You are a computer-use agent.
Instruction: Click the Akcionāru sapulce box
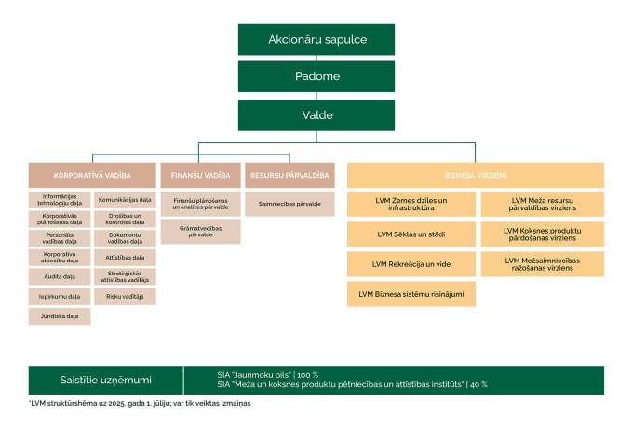coord(316,40)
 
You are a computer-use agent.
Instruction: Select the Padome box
coord(316,77)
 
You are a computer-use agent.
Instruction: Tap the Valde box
coord(316,115)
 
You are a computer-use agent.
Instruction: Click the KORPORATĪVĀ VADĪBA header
coord(92,175)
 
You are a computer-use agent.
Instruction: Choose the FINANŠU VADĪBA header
coord(200,175)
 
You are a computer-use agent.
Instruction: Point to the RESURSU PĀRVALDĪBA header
coord(289,175)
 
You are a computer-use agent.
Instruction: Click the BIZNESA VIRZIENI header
coord(476,175)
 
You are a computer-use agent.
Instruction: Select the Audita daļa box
coord(60,277)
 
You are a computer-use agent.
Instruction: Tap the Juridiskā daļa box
coord(60,317)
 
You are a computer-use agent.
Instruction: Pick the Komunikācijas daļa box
coord(125,199)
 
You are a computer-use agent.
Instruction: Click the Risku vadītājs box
coord(125,297)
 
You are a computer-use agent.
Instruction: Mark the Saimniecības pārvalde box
coord(289,203)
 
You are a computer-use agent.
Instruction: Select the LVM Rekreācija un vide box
coord(411,264)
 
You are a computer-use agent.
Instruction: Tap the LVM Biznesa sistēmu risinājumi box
coord(411,295)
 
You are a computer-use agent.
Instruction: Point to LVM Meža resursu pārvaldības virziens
coord(543,202)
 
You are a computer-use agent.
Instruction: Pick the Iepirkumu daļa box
coord(60,297)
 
